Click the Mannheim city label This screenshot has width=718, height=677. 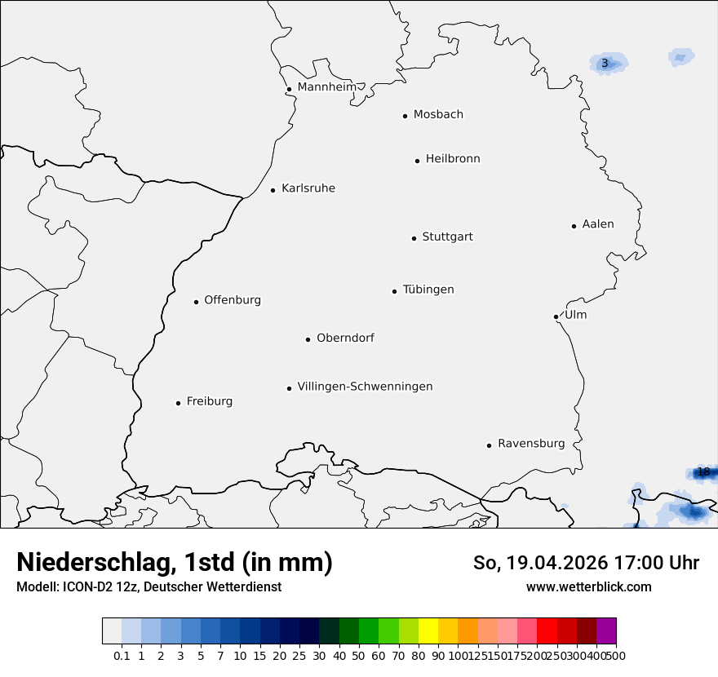pos(326,86)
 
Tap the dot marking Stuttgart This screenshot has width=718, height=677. pos(414,238)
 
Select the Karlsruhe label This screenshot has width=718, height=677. pos(308,188)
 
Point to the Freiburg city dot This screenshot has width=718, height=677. pos(178,403)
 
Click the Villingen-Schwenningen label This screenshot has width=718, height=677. pos(365,387)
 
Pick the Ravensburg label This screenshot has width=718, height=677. pos(531,444)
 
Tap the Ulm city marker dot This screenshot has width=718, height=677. pos(556,316)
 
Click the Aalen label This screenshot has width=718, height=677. pos(598,224)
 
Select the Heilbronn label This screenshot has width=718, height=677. pos(453,159)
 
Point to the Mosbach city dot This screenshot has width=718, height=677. pos(405,116)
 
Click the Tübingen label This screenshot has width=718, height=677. pos(428,290)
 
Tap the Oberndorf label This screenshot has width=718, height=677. pos(345,338)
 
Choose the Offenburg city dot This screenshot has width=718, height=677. pos(196,302)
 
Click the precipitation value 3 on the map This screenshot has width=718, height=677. pos(605,64)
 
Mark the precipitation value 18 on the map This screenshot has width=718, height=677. pos(703,472)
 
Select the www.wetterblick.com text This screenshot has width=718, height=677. pos(588,586)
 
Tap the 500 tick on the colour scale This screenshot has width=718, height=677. pos(616,656)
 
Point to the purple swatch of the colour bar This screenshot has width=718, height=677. pos(606,631)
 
